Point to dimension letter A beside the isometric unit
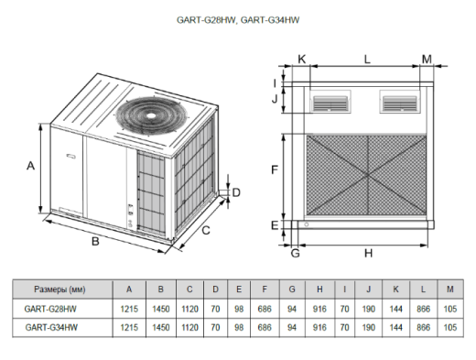coord(30,166)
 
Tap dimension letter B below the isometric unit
coord(94,242)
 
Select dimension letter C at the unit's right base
coord(206,231)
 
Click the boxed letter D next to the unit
coord(235,192)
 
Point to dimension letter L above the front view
coord(367,59)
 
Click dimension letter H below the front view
coord(368,252)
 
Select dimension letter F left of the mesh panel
coord(274,170)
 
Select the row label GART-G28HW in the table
coord(51,308)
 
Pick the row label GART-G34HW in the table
coord(51,326)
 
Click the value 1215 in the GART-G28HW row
coord(129,308)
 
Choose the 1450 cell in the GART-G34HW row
coord(160,326)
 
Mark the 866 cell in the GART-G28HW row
coord(422,308)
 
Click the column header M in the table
coord(449,289)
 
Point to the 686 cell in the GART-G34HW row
coord(265,326)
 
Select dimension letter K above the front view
coord(302,59)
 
